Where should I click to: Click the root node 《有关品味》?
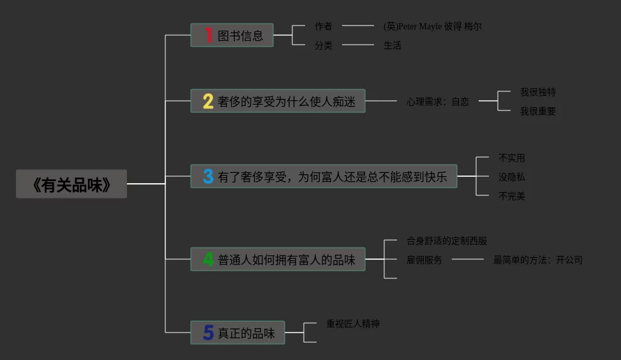point(71,184)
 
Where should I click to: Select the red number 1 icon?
point(208,35)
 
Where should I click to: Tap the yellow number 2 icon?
point(208,101)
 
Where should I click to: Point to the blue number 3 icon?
point(208,176)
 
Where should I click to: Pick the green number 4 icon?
point(208,259)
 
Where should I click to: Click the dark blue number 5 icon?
point(208,333)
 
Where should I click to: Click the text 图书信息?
point(241,36)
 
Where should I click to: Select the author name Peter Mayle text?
point(433,26)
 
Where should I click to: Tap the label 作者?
point(324,26)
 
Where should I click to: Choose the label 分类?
point(324,45)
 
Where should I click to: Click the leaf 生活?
point(393,45)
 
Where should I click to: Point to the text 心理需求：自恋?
point(438,101)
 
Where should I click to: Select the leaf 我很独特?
point(538,92)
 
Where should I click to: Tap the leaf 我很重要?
point(538,111)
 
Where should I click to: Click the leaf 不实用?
point(512,158)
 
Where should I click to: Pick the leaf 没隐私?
point(512,177)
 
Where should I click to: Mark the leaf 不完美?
point(512,196)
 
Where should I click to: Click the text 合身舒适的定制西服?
point(447,241)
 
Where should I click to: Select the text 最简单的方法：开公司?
point(538,260)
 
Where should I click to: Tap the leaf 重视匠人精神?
point(353,324)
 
